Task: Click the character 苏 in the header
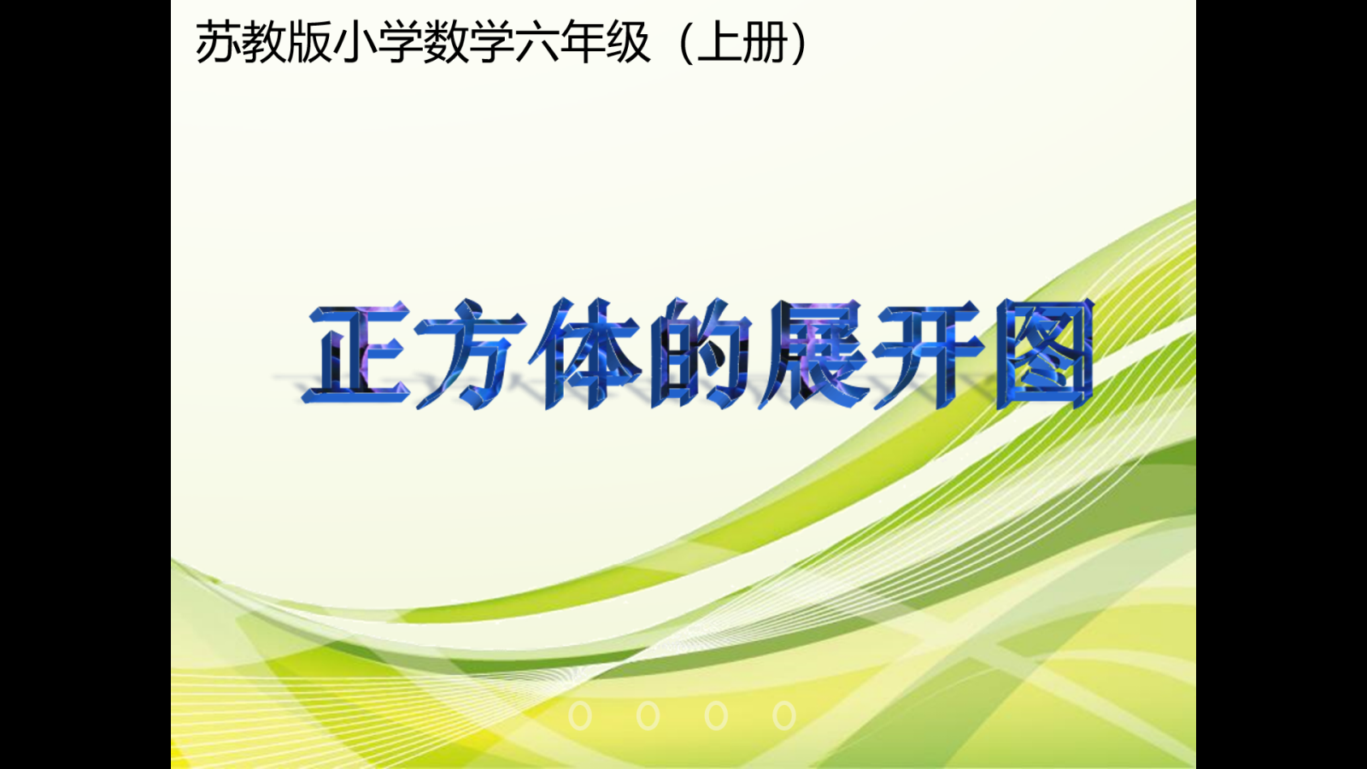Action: [218, 42]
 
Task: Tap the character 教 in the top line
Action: [264, 42]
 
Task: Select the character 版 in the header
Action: [309, 42]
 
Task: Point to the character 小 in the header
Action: [355, 42]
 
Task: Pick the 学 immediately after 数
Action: [491, 42]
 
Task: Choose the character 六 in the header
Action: [537, 42]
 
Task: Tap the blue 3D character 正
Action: [355, 354]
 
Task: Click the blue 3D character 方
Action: [470, 354]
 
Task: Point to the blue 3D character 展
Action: [815, 354]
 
